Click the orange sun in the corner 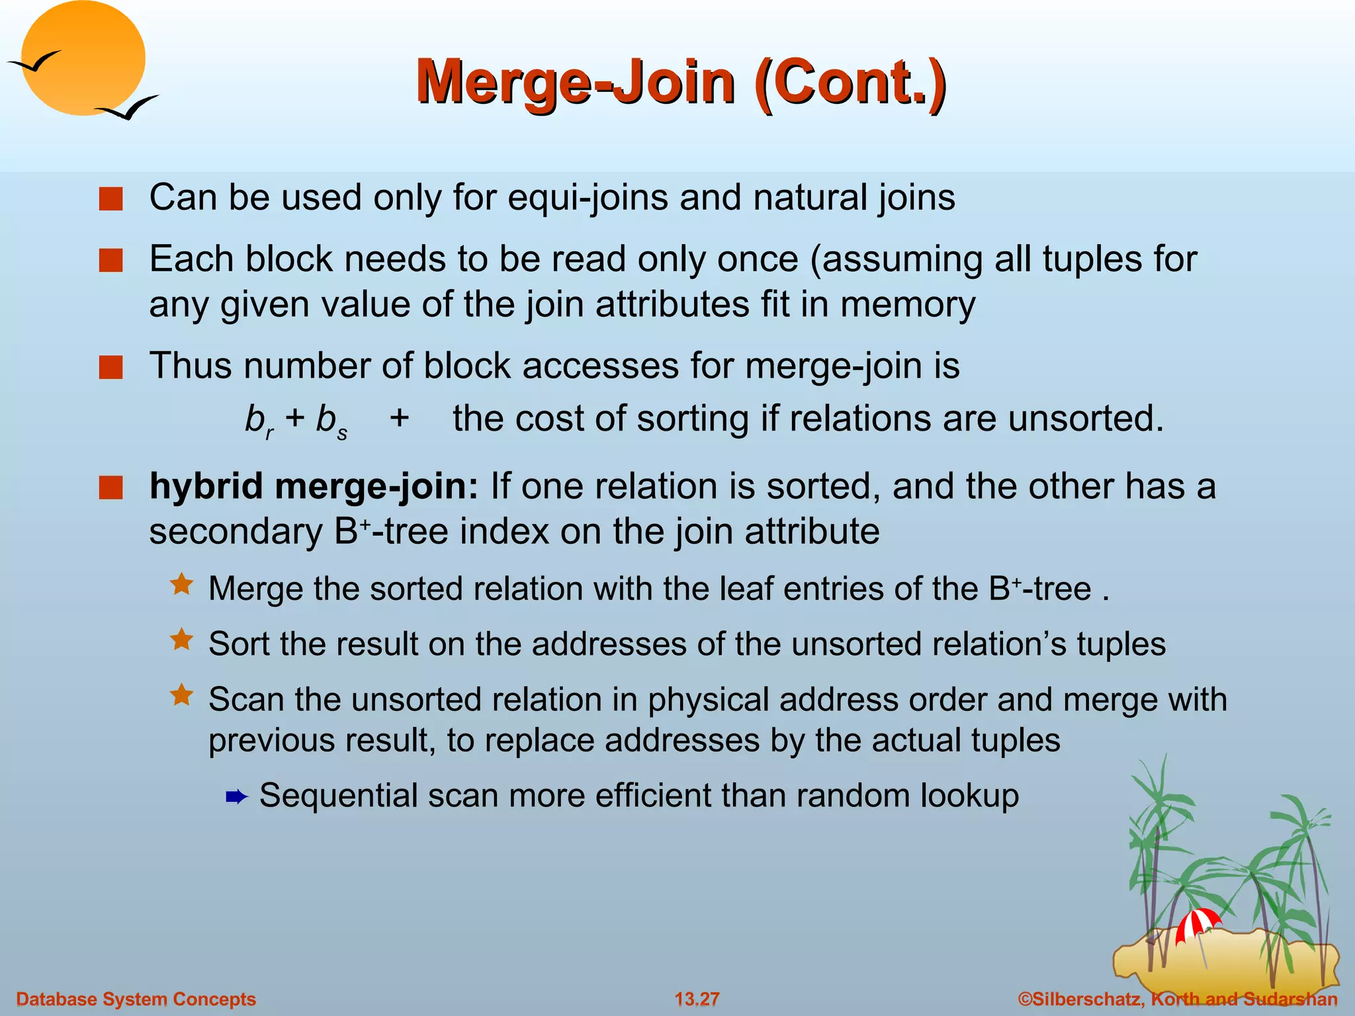(83, 58)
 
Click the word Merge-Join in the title (575, 83)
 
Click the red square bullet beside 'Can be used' (110, 198)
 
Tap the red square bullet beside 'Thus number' (110, 367)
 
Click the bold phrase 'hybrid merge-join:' (314, 487)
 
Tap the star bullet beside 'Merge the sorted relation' (181, 585)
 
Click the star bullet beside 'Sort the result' (181, 640)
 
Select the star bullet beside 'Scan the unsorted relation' (181, 695)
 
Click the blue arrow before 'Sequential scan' (236, 797)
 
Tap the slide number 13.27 (697, 999)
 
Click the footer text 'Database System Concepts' (136, 999)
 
